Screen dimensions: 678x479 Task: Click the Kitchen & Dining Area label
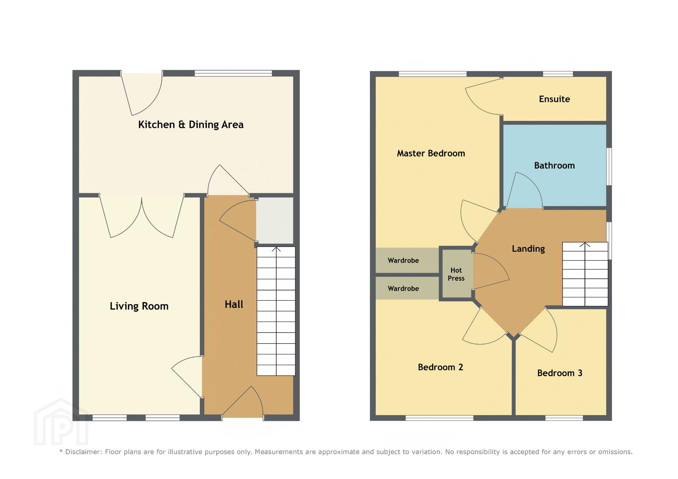pyautogui.click(x=190, y=125)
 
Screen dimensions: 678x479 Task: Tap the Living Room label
pyautogui.click(x=139, y=306)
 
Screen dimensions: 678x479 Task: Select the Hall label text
pyautogui.click(x=234, y=304)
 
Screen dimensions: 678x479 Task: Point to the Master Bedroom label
pyautogui.click(x=431, y=153)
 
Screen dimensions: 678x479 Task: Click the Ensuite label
pyautogui.click(x=554, y=99)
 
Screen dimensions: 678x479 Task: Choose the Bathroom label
pyautogui.click(x=554, y=165)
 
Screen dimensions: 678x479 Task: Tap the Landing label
pyautogui.click(x=528, y=248)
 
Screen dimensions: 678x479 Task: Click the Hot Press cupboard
pyautogui.click(x=456, y=274)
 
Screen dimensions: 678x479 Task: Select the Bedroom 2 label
pyautogui.click(x=440, y=367)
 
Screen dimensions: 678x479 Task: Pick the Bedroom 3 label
pyautogui.click(x=559, y=373)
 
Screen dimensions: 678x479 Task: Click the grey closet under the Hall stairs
pyautogui.click(x=275, y=220)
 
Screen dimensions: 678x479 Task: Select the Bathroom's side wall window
pyautogui.click(x=609, y=166)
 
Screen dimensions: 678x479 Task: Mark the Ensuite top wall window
pyautogui.click(x=558, y=74)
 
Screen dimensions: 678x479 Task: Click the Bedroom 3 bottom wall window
pyautogui.click(x=564, y=418)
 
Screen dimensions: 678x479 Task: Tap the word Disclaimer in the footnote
pyautogui.click(x=83, y=452)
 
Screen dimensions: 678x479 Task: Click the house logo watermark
pyautogui.click(x=61, y=422)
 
